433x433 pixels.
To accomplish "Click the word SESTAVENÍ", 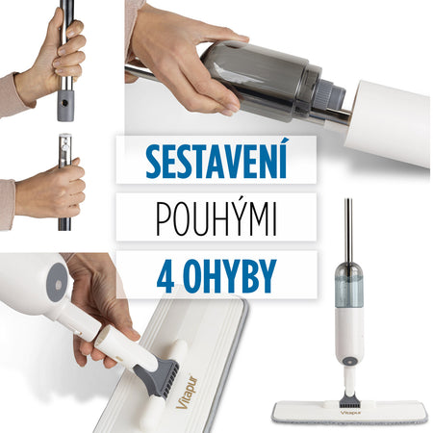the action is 216,160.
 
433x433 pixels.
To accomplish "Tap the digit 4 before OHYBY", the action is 166,276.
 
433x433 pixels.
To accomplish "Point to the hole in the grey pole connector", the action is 65,103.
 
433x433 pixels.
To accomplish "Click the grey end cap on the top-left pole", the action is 65,106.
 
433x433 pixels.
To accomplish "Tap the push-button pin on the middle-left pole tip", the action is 65,147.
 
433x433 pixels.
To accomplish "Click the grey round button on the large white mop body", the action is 57,282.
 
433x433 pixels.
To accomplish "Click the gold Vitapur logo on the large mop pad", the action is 187,392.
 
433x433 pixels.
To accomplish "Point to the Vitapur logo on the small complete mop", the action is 350,412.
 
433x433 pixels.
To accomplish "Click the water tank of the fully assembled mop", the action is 349,285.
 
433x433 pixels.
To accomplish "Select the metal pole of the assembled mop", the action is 348,231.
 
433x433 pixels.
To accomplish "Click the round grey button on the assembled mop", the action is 348,361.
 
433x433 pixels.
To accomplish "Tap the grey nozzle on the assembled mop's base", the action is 347,399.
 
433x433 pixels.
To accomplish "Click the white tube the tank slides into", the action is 387,123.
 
